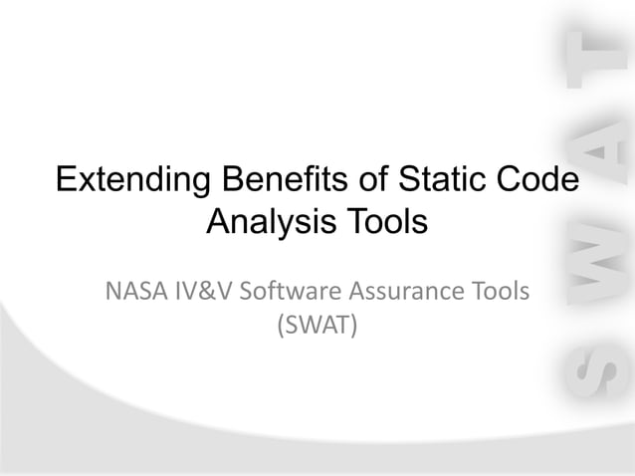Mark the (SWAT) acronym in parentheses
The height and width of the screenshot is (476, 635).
point(317,325)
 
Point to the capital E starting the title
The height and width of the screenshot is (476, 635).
point(66,181)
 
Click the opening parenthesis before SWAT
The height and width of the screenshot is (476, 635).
point(279,325)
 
